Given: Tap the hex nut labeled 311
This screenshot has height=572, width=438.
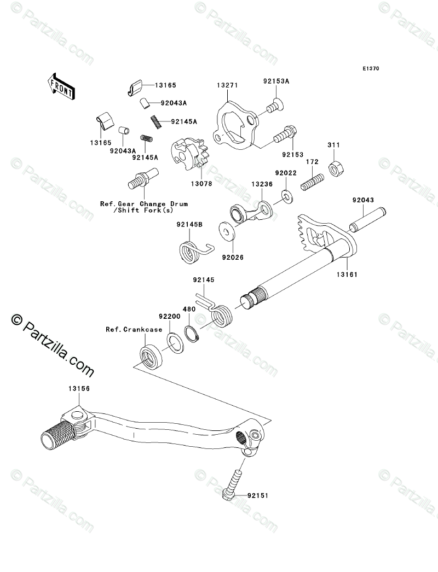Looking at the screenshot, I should click(x=335, y=169).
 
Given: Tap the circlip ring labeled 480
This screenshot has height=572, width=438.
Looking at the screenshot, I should click(x=192, y=333).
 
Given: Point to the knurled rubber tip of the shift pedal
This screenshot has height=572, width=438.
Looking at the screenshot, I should click(x=57, y=434).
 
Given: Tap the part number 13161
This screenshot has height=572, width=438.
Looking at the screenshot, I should click(x=347, y=275).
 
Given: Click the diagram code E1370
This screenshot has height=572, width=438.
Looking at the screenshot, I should click(x=370, y=69).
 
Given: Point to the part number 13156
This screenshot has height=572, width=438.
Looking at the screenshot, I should click(x=79, y=389).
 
